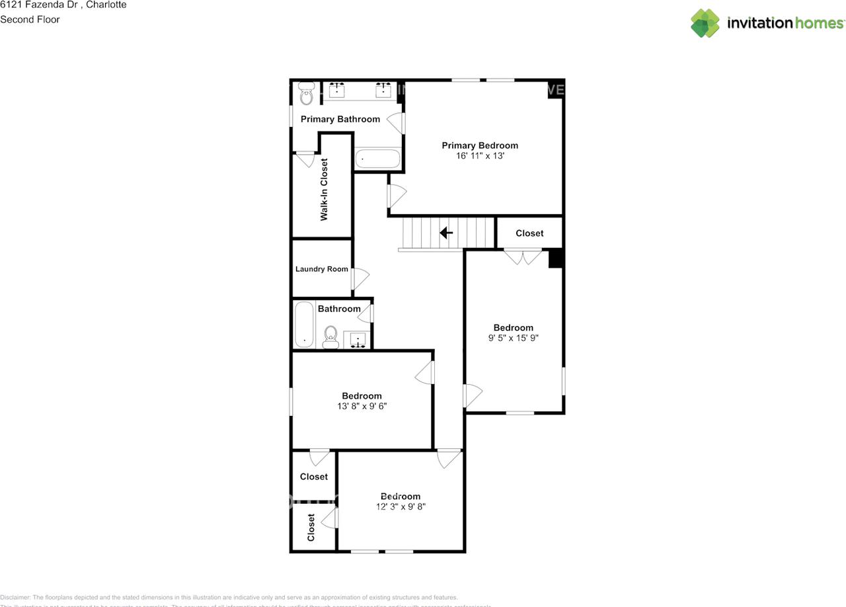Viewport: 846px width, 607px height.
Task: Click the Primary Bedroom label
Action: pyautogui.click(x=480, y=145)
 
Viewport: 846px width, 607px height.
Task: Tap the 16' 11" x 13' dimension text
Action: pyautogui.click(x=480, y=157)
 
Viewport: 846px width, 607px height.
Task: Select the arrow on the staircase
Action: pyautogui.click(x=446, y=233)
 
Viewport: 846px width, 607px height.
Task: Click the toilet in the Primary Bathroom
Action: pyautogui.click(x=306, y=95)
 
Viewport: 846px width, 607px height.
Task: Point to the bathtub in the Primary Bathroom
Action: pyautogui.click(x=377, y=159)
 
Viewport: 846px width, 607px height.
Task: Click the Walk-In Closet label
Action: pyautogui.click(x=325, y=190)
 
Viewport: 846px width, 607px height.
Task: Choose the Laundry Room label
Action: pyautogui.click(x=321, y=269)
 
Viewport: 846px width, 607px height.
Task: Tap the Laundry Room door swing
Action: pyautogui.click(x=360, y=278)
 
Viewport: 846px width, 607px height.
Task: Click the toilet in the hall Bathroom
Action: pyautogui.click(x=331, y=337)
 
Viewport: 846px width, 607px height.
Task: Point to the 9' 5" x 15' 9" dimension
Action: pyautogui.click(x=514, y=339)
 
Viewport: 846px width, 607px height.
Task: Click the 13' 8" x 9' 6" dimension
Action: pyautogui.click(x=362, y=407)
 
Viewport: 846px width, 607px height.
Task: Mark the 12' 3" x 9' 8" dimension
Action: pyautogui.click(x=400, y=507)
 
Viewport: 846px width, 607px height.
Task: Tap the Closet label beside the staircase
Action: pyautogui.click(x=529, y=233)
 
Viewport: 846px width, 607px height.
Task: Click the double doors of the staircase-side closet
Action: pyautogui.click(x=523, y=257)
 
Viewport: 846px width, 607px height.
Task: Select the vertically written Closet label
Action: pyautogui.click(x=311, y=528)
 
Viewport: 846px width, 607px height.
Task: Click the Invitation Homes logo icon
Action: pyautogui.click(x=705, y=23)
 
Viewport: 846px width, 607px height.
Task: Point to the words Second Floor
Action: pyautogui.click(x=30, y=19)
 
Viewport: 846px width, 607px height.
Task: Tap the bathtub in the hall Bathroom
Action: pyautogui.click(x=304, y=324)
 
